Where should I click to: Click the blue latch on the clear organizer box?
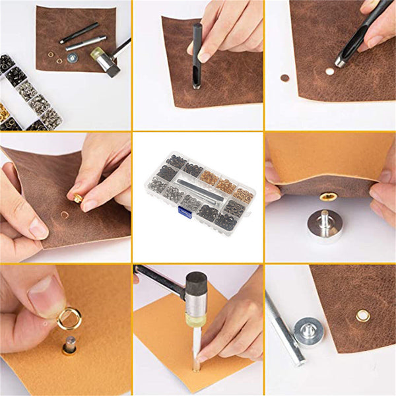[x=185, y=211]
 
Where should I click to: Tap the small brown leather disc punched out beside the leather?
[x=285, y=78]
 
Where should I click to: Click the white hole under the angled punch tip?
[x=329, y=70]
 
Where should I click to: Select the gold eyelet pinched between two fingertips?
[x=79, y=198]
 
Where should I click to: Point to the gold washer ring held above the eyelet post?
[x=69, y=319]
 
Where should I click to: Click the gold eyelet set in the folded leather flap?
[x=328, y=196]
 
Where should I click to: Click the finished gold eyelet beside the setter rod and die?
[x=362, y=316]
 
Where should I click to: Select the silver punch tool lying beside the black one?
[x=85, y=44]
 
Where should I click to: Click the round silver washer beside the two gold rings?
[x=72, y=58]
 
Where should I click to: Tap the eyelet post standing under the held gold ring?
[x=69, y=345]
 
